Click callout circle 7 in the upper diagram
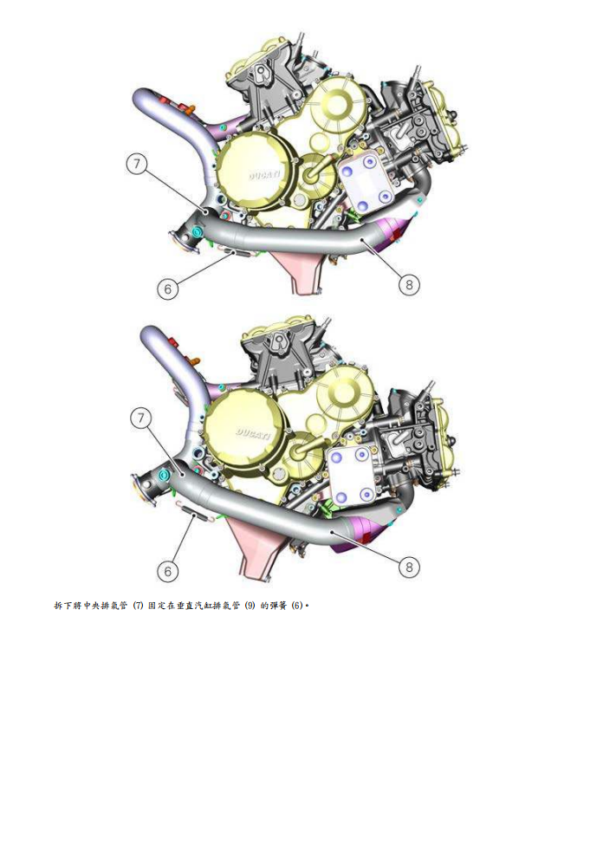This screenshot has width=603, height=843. [137, 164]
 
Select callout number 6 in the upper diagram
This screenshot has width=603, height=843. [168, 289]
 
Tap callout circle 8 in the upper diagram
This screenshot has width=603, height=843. [410, 283]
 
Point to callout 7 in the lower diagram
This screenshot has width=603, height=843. [141, 418]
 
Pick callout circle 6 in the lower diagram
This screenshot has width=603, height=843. [168, 571]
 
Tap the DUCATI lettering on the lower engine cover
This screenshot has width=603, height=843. [252, 431]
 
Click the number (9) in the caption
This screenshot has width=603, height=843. [250, 605]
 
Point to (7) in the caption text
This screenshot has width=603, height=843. [137, 605]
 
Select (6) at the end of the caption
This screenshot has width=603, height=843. [296, 605]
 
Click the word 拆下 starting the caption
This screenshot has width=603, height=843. [62, 605]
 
